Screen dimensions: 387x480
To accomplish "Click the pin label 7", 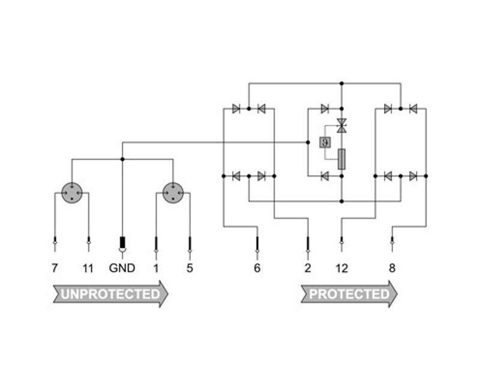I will pyautogui.click(x=55, y=268).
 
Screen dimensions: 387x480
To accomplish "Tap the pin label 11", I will pyautogui.click(x=88, y=268).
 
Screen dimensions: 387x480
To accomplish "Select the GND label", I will pyautogui.click(x=122, y=268).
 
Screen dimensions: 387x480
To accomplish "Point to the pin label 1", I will pyautogui.click(x=156, y=268).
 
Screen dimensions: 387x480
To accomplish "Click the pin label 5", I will pyautogui.click(x=190, y=268).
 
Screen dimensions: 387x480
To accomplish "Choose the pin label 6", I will pyautogui.click(x=257, y=268).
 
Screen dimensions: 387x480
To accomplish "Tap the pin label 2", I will pyautogui.click(x=308, y=268).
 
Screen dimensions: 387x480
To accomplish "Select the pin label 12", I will pyautogui.click(x=341, y=268).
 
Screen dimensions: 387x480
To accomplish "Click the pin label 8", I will pyautogui.click(x=392, y=268).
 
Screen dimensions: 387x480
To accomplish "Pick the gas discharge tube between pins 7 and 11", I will pyautogui.click(x=71, y=193).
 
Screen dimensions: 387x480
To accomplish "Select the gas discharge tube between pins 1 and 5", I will pyautogui.click(x=173, y=193).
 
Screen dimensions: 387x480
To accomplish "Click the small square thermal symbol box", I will pyautogui.click(x=325, y=142).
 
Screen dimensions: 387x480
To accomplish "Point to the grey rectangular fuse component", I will pyautogui.click(x=342, y=159).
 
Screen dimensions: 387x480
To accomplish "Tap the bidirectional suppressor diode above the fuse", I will pyautogui.click(x=341, y=125).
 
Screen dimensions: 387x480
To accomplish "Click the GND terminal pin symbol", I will pyautogui.click(x=122, y=244).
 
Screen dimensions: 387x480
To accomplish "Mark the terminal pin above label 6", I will pyautogui.click(x=257, y=244).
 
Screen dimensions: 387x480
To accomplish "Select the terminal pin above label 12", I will pyautogui.click(x=341, y=244).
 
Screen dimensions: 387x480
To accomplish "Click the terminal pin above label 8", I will pyautogui.click(x=392, y=244).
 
